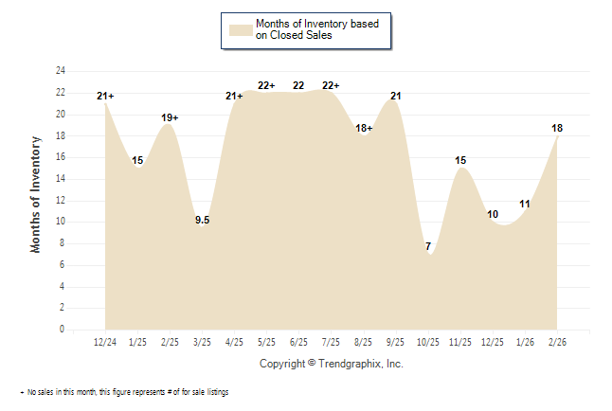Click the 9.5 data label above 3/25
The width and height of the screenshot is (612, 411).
202,221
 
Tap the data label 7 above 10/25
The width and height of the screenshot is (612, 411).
428,247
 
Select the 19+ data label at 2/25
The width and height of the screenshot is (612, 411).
170,117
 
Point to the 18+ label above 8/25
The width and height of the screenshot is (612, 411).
364,128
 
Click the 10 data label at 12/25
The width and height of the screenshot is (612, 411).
493,215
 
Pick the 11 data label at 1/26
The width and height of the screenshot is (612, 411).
525,204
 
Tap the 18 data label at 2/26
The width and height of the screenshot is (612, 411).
557,128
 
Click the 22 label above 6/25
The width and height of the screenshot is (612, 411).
298,85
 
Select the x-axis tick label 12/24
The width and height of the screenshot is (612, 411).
105,341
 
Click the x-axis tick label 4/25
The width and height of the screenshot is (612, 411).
234,341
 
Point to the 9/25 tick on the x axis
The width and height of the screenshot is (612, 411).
396,341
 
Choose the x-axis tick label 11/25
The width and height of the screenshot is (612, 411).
460,341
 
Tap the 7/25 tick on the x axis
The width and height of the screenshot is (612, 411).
332,341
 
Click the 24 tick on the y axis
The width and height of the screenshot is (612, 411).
60,71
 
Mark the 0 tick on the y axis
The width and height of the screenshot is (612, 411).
62,330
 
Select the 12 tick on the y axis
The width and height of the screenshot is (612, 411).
60,200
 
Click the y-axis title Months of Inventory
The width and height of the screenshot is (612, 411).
36,194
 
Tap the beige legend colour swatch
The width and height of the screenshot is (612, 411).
239,29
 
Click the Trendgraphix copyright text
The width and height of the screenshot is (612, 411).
331,364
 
